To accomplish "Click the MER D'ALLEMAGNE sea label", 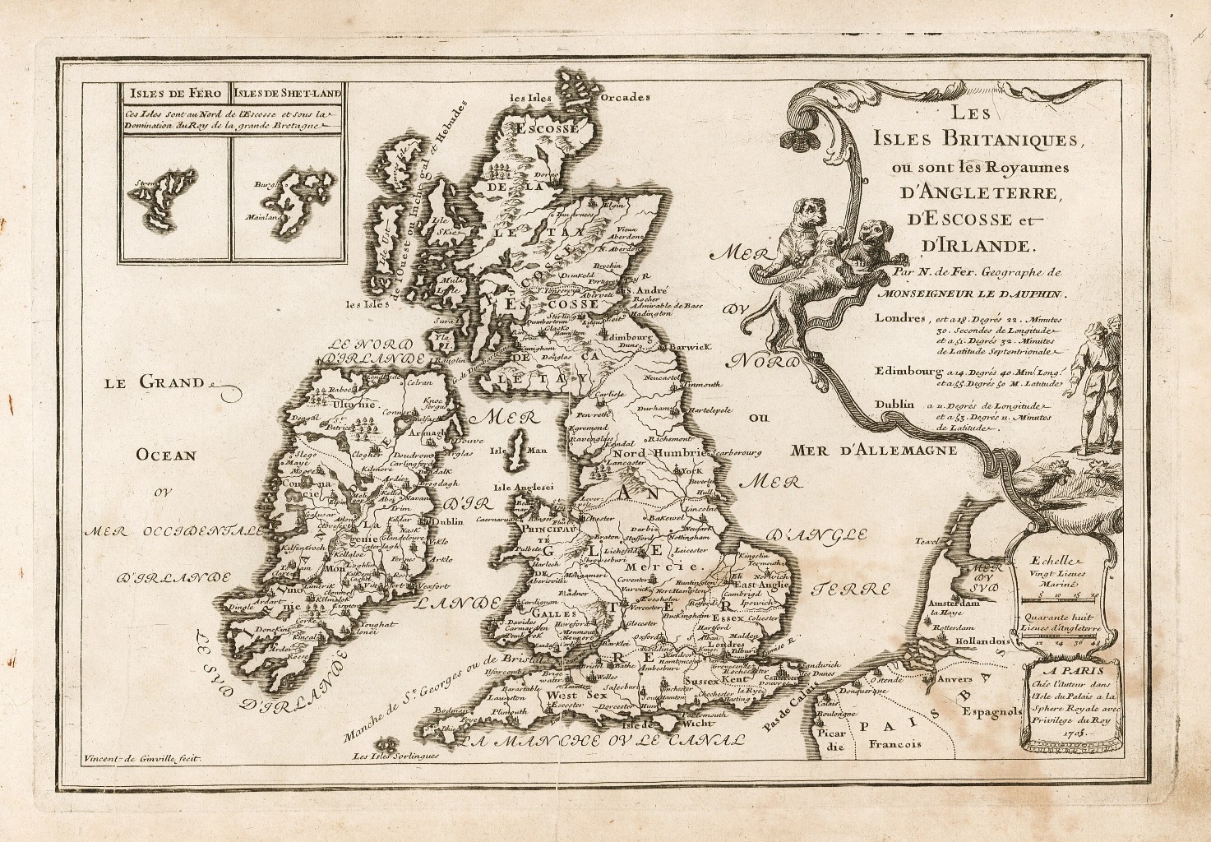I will (875, 450).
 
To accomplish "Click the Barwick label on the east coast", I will (689, 347).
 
